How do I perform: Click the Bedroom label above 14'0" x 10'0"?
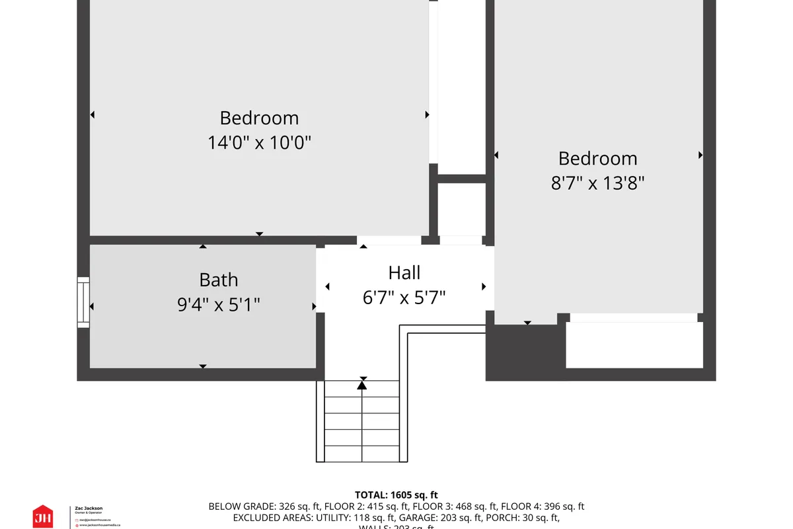tap(259, 118)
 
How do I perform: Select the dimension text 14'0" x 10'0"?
tap(259, 142)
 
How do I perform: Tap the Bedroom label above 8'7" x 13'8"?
tap(597, 158)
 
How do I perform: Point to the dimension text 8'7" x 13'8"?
tap(597, 183)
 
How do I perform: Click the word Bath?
tap(218, 280)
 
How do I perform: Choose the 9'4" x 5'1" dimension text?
tap(218, 304)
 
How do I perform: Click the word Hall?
tap(404, 272)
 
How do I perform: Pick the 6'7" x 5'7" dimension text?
tap(404, 297)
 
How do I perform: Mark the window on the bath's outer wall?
tap(83, 302)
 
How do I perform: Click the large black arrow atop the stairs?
tap(362, 384)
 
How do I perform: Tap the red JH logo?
tap(43, 516)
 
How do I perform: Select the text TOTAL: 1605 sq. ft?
tap(396, 495)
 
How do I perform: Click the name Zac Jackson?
tap(89, 508)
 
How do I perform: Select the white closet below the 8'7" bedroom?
tap(634, 344)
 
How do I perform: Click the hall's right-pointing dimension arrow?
tap(484, 286)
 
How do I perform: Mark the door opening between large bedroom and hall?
tap(389, 241)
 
